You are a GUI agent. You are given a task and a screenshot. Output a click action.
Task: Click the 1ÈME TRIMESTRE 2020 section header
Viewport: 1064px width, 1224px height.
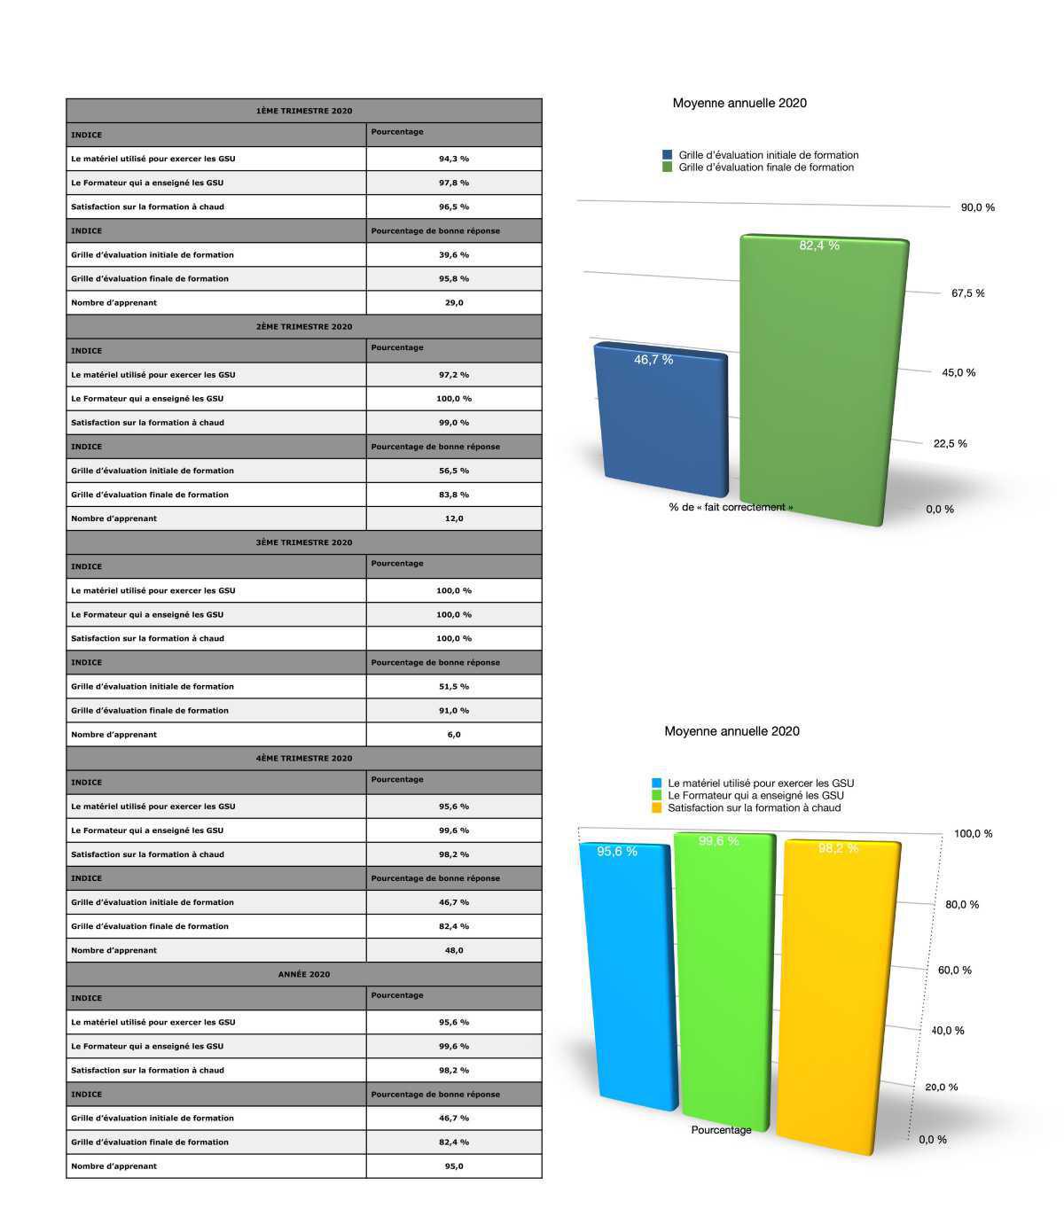tap(303, 111)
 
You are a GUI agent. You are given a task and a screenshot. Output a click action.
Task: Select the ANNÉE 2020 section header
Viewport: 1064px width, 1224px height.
tap(303, 974)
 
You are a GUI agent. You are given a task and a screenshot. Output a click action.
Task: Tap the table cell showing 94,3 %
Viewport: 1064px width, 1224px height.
tap(453, 159)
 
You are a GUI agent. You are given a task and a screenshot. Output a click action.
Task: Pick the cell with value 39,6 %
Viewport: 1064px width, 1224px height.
tap(453, 254)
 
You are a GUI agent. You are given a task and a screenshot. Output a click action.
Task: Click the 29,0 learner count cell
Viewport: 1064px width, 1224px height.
tap(453, 302)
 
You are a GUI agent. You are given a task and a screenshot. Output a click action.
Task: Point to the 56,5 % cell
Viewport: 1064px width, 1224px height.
tap(453, 471)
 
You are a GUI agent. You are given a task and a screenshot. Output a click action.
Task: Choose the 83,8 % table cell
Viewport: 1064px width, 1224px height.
tap(453, 495)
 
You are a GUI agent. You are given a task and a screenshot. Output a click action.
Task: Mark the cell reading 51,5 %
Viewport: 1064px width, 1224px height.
tap(453, 686)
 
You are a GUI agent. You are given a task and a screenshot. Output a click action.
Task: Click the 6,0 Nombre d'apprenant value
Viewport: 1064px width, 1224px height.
tap(453, 734)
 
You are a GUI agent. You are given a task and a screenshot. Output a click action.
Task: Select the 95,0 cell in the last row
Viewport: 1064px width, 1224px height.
tap(453, 1166)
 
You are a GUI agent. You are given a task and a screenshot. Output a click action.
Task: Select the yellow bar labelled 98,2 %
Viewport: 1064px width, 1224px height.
tap(838, 993)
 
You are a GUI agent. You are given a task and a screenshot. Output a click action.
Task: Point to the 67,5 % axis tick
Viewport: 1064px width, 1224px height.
tap(967, 293)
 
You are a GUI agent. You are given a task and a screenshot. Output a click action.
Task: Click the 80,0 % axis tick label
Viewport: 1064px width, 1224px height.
tap(961, 905)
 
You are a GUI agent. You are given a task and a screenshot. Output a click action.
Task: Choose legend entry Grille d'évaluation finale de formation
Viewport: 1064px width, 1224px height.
tap(765, 168)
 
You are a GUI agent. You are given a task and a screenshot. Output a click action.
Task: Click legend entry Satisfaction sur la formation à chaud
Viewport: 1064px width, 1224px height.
tap(754, 807)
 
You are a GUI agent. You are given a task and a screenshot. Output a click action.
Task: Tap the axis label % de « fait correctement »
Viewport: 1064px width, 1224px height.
tap(731, 508)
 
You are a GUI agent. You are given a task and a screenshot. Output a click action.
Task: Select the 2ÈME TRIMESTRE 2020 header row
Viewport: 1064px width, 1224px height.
tap(303, 326)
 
